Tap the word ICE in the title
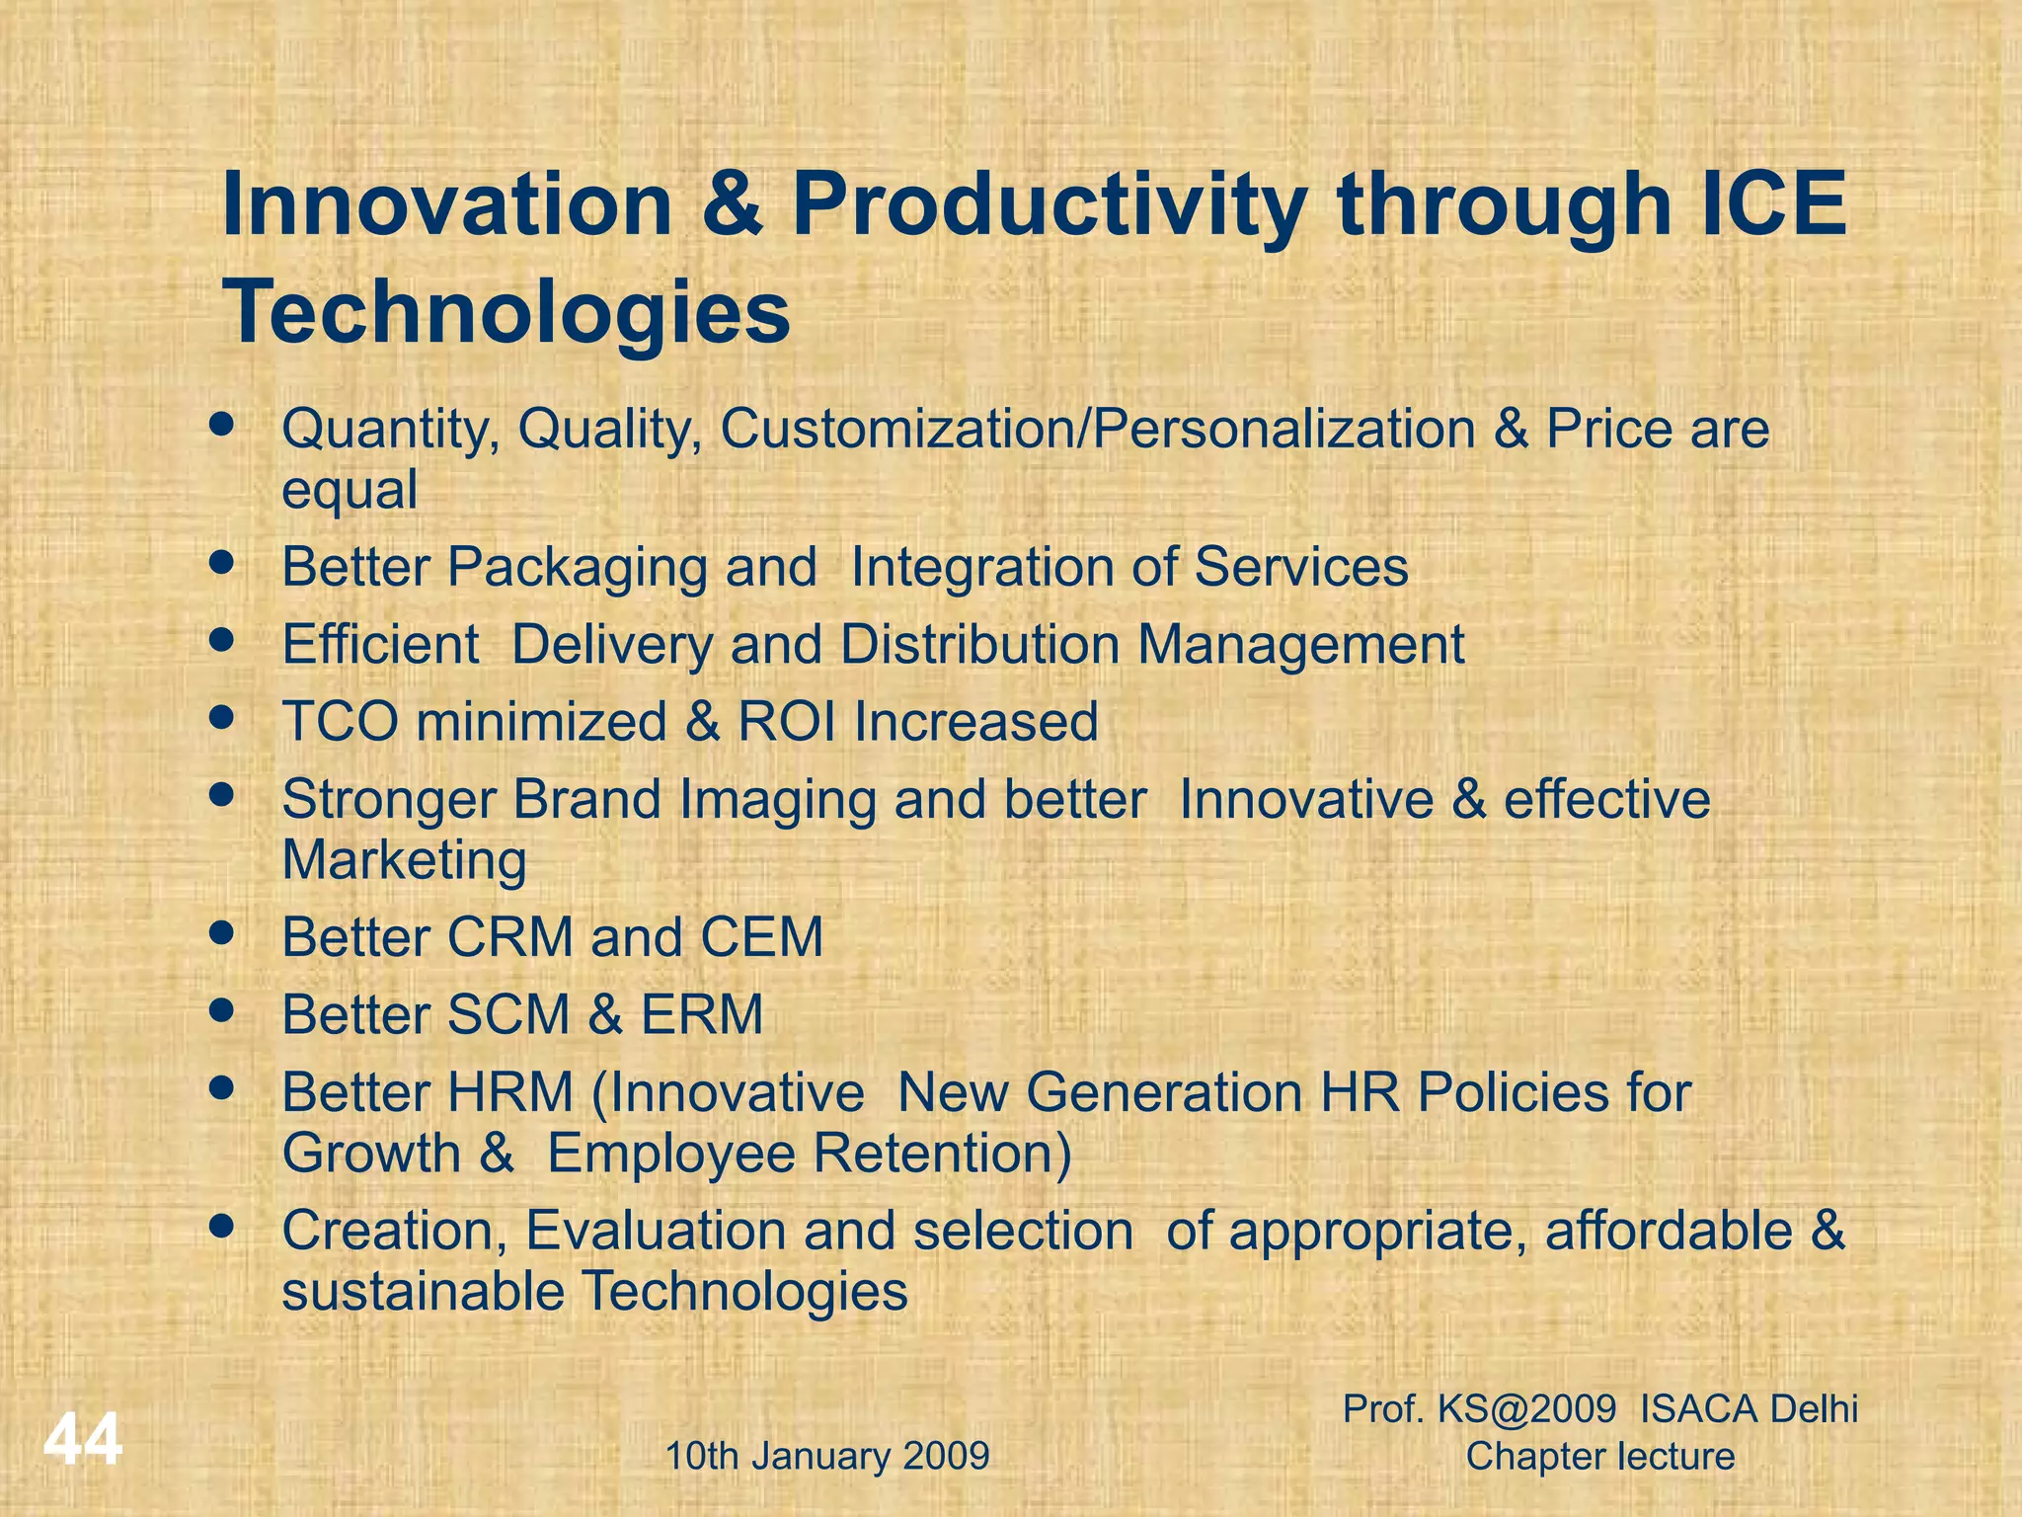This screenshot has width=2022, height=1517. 1772,204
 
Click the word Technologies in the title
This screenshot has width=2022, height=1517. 507,312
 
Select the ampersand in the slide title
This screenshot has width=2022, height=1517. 731,204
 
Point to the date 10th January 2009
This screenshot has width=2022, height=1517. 827,1456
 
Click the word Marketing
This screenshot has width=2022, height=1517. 404,860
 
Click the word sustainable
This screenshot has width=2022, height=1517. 422,1292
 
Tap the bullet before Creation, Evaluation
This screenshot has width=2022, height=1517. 222,1227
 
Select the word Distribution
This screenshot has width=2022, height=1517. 979,644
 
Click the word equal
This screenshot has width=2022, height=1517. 349,490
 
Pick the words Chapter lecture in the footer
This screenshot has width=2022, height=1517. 1599,1456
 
